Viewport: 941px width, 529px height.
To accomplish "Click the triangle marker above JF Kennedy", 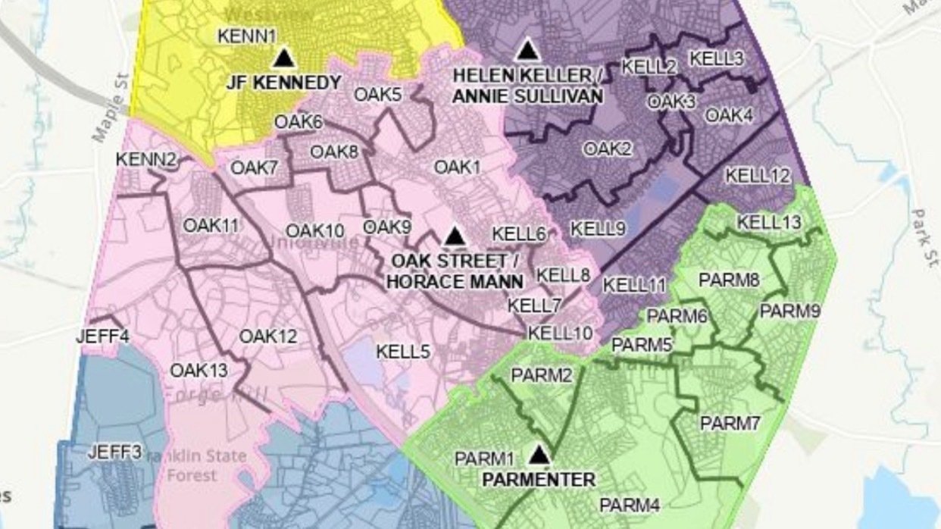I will coord(284,58).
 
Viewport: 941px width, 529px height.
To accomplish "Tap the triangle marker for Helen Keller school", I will coord(527,51).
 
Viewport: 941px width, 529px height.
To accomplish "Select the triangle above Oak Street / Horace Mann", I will coord(454,236).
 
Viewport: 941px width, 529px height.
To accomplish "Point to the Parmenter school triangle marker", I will coord(539,455).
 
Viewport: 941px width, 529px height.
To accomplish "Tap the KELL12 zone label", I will coord(758,176).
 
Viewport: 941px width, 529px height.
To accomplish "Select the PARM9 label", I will coord(790,311).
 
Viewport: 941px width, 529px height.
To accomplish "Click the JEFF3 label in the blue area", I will coord(115,452).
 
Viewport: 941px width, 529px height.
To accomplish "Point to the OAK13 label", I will coord(199,371).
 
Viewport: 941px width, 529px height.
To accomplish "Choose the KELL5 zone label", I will coord(403,351).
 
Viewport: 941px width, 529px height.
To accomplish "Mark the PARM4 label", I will coord(627,505).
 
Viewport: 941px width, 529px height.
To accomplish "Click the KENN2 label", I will coord(145,160).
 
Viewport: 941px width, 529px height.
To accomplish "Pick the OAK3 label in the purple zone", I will coord(671,102).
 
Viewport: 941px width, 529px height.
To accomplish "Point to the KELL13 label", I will coord(769,222).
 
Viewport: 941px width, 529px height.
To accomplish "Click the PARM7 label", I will coord(730,424).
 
